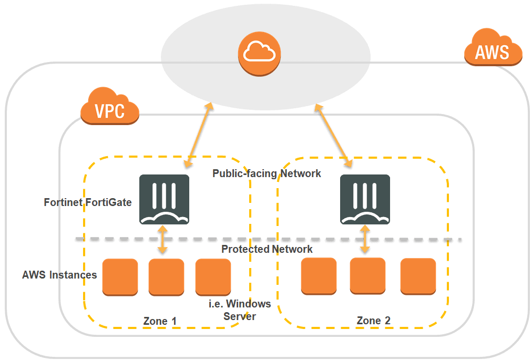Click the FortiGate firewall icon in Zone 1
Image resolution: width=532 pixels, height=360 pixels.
click(164, 200)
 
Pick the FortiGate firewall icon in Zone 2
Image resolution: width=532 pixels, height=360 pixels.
click(365, 200)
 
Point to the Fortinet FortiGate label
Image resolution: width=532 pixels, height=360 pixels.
click(88, 202)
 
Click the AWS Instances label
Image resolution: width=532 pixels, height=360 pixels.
click(59, 275)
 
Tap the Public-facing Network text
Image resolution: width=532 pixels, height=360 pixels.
click(267, 173)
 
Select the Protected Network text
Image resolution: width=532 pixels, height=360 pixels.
click(267, 249)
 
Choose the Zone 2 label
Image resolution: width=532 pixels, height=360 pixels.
click(373, 321)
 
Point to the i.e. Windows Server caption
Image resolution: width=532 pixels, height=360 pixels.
click(240, 310)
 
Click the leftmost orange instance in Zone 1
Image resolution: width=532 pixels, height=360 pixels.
click(120, 277)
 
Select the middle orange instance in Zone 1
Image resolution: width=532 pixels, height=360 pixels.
click(166, 277)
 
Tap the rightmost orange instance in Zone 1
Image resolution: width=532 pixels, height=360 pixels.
click(213, 277)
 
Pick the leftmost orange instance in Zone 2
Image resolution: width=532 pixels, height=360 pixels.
click(319, 276)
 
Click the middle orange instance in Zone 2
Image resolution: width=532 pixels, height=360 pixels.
click(367, 276)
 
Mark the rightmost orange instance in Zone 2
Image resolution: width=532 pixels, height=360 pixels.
click(418, 276)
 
